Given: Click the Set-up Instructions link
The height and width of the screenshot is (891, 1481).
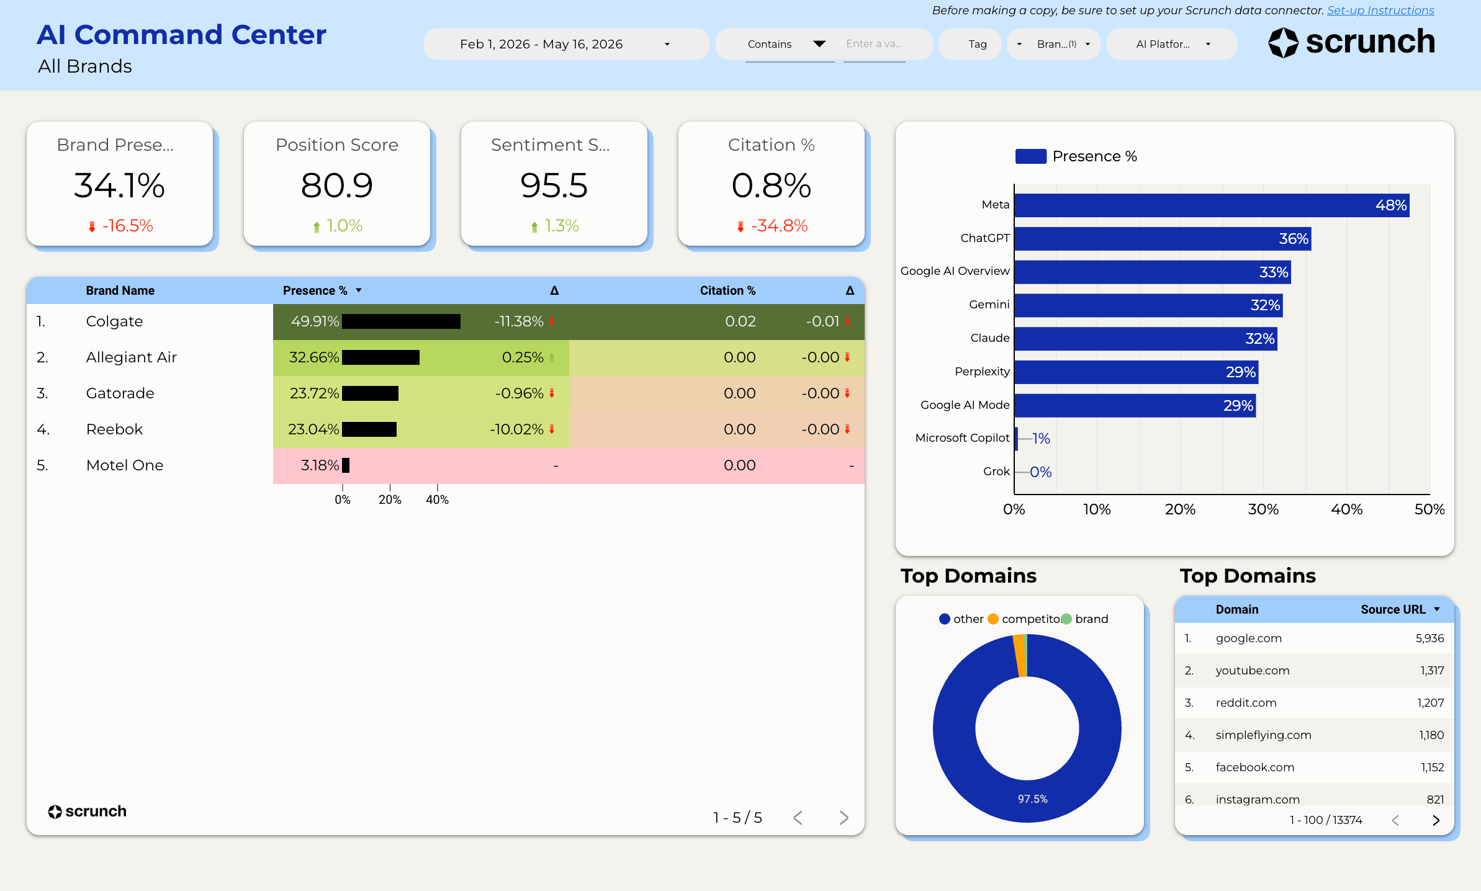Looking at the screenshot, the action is [x=1380, y=11].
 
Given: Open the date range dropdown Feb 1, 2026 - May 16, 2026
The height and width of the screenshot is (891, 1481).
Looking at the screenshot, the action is [x=566, y=44].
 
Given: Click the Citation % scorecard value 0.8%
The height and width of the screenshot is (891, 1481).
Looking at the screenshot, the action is [x=771, y=186].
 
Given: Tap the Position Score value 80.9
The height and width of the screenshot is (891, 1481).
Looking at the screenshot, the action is [x=337, y=186].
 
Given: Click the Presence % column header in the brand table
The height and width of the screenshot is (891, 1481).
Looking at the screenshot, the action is [x=315, y=290].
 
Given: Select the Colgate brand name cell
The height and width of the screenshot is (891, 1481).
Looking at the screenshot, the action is [x=115, y=321].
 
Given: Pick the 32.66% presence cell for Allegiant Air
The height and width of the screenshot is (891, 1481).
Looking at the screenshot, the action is [x=314, y=357].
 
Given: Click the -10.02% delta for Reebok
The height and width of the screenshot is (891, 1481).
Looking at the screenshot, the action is [x=516, y=429].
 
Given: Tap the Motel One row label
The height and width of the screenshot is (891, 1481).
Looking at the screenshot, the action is [x=125, y=465].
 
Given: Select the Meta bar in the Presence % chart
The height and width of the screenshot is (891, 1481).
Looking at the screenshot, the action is [x=1212, y=205].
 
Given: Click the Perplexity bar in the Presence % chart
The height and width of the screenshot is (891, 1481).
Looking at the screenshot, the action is [x=1137, y=372].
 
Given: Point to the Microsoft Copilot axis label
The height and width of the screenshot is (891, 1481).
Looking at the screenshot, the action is [x=963, y=438].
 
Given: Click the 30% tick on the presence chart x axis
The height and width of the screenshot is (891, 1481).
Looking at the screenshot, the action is [x=1263, y=509].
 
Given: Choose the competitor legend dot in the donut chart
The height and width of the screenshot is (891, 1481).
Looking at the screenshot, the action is [x=993, y=619].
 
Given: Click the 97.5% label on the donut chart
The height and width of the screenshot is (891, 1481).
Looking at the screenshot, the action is [x=1032, y=799].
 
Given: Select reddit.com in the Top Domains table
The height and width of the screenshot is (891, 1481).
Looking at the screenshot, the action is [x=1246, y=703].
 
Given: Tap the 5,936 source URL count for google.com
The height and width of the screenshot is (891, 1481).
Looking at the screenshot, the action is [x=1429, y=638].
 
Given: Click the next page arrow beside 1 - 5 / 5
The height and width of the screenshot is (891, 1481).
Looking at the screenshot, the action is [x=844, y=818].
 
